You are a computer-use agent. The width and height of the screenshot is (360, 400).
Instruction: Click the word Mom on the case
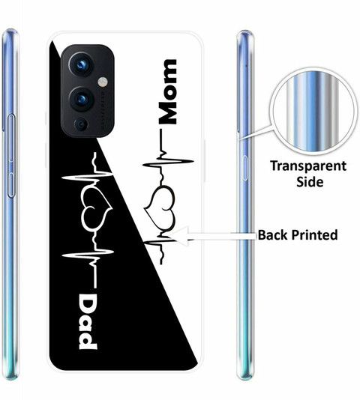[x=167, y=92]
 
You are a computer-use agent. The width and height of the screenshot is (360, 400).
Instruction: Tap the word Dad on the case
[x=88, y=322]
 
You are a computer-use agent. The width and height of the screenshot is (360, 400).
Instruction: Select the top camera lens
[x=80, y=64]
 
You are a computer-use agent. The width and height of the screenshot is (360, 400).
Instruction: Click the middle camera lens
[x=81, y=99]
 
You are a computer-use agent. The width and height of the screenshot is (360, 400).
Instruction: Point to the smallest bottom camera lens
[x=81, y=125]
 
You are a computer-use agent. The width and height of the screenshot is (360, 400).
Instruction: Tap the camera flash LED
[x=103, y=82]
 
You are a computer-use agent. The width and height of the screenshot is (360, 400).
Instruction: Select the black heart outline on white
[x=160, y=203]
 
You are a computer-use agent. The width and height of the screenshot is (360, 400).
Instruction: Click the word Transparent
[x=309, y=166]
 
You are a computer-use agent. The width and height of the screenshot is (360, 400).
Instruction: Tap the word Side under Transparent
[x=310, y=182]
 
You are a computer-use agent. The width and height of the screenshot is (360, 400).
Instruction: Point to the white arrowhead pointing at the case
[x=178, y=236]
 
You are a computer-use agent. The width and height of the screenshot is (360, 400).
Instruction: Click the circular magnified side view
[x=313, y=113]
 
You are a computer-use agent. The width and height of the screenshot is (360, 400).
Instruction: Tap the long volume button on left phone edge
[x=11, y=138]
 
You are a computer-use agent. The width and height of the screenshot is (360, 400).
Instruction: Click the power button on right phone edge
[x=244, y=168]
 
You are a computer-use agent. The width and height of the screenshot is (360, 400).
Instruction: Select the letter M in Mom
[x=167, y=112]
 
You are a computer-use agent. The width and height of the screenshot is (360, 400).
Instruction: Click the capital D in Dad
[x=88, y=303]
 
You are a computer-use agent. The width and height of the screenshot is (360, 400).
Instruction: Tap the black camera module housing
[x=88, y=91]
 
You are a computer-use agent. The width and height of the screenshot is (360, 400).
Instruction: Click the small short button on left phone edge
[x=11, y=185]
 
